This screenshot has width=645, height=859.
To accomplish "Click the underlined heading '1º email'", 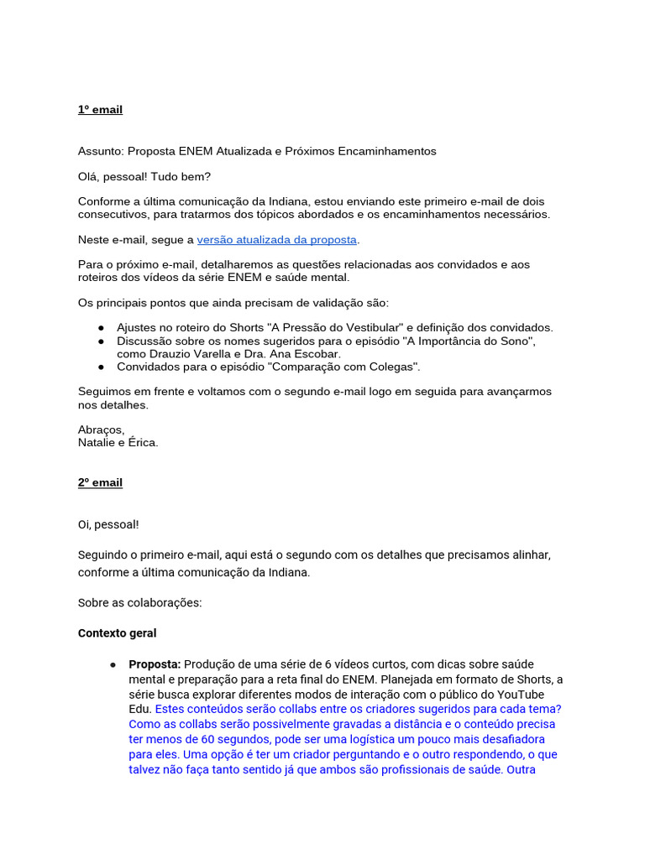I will (100, 110).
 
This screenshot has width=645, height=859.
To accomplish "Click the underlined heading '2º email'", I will (100, 482).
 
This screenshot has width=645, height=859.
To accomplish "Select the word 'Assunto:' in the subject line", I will (101, 151).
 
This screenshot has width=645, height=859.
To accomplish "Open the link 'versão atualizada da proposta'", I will (277, 240).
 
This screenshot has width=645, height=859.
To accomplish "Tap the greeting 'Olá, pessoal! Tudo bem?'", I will (144, 177).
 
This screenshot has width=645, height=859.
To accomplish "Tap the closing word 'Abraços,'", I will (101, 429).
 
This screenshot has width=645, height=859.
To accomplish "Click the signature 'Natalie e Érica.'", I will (118, 442).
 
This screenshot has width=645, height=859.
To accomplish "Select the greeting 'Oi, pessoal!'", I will (108, 524).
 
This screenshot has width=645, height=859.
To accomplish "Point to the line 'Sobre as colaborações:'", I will (140, 602).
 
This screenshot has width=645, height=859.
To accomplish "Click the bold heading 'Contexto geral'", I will (117, 633).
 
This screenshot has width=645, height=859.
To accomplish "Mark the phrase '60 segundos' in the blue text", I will (235, 739).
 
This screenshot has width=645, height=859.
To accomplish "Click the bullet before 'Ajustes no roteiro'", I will (101, 328).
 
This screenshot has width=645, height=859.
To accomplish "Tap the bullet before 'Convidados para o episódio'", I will (101, 367).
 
